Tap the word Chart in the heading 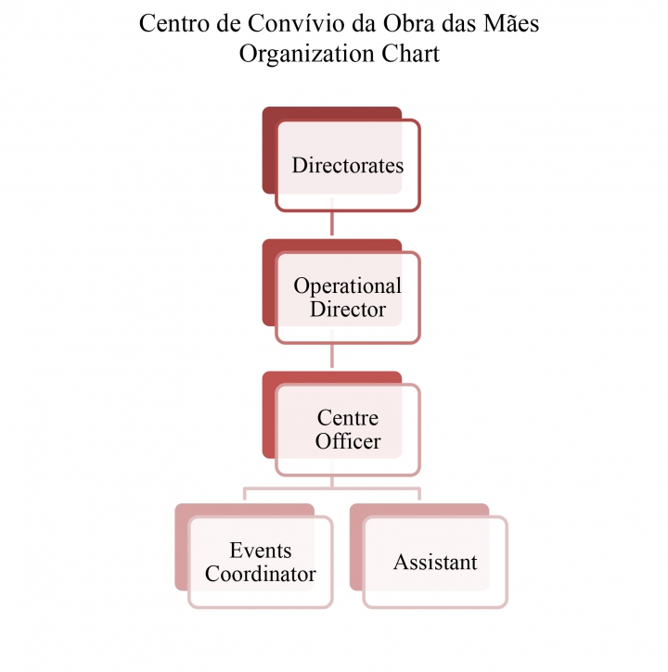click(411, 54)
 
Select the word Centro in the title click(175, 23)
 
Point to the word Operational click(348, 286)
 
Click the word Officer click(348, 441)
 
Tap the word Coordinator click(261, 574)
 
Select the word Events click(261, 551)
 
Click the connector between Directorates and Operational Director click(332, 216)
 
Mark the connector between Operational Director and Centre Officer click(332, 349)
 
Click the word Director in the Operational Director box click(348, 310)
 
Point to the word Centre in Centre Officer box click(348, 418)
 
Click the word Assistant click(435, 563)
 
